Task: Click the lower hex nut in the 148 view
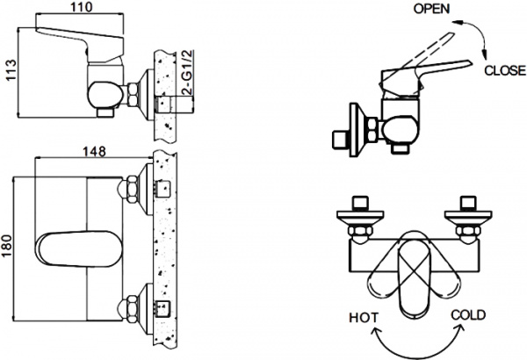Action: click(128, 309)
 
